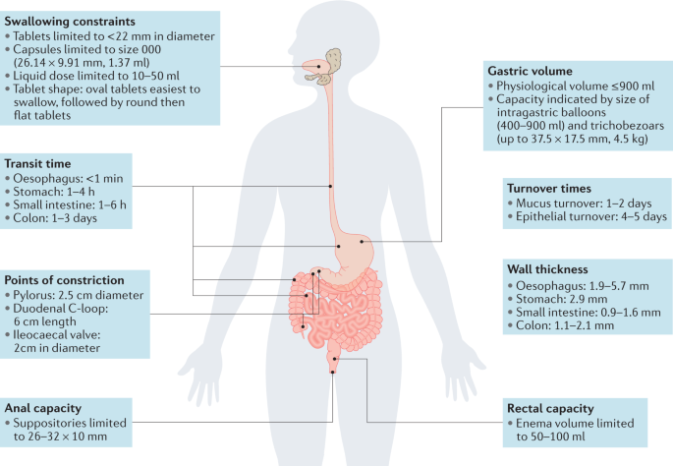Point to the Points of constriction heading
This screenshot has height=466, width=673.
pyautogui.click(x=65, y=279)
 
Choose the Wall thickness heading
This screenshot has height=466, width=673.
pyautogui.click(x=548, y=267)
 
